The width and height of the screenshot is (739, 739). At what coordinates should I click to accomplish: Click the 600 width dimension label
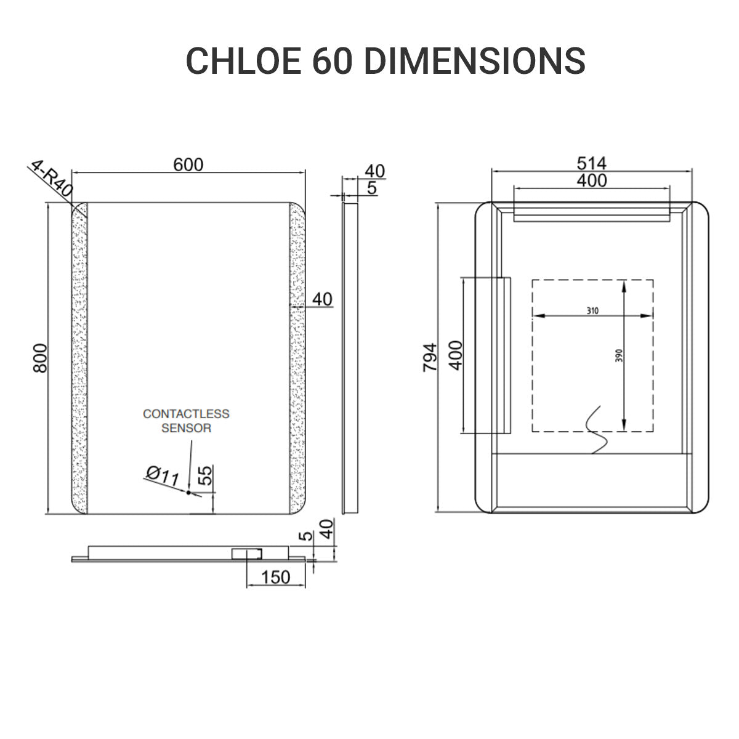[188, 164]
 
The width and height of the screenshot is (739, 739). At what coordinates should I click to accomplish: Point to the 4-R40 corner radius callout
[51, 179]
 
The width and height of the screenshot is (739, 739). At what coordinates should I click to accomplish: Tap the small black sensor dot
[188, 492]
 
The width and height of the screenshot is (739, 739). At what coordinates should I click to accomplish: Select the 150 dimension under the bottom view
[275, 577]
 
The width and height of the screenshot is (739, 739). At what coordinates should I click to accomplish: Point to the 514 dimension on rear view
[591, 163]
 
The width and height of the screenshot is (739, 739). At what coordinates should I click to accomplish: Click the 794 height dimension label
[430, 357]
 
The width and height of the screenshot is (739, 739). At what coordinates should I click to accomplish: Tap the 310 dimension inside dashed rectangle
[592, 311]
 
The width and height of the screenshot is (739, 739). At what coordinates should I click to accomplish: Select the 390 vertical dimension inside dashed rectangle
[619, 355]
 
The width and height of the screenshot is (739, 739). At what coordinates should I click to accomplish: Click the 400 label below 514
[591, 180]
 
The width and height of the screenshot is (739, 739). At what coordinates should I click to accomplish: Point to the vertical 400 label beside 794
[456, 355]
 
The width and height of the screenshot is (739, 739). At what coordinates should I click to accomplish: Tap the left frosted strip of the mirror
[81, 357]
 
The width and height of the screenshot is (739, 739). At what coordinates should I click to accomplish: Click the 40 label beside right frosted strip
[322, 299]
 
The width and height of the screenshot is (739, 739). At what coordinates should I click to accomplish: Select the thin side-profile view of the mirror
[349, 357]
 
